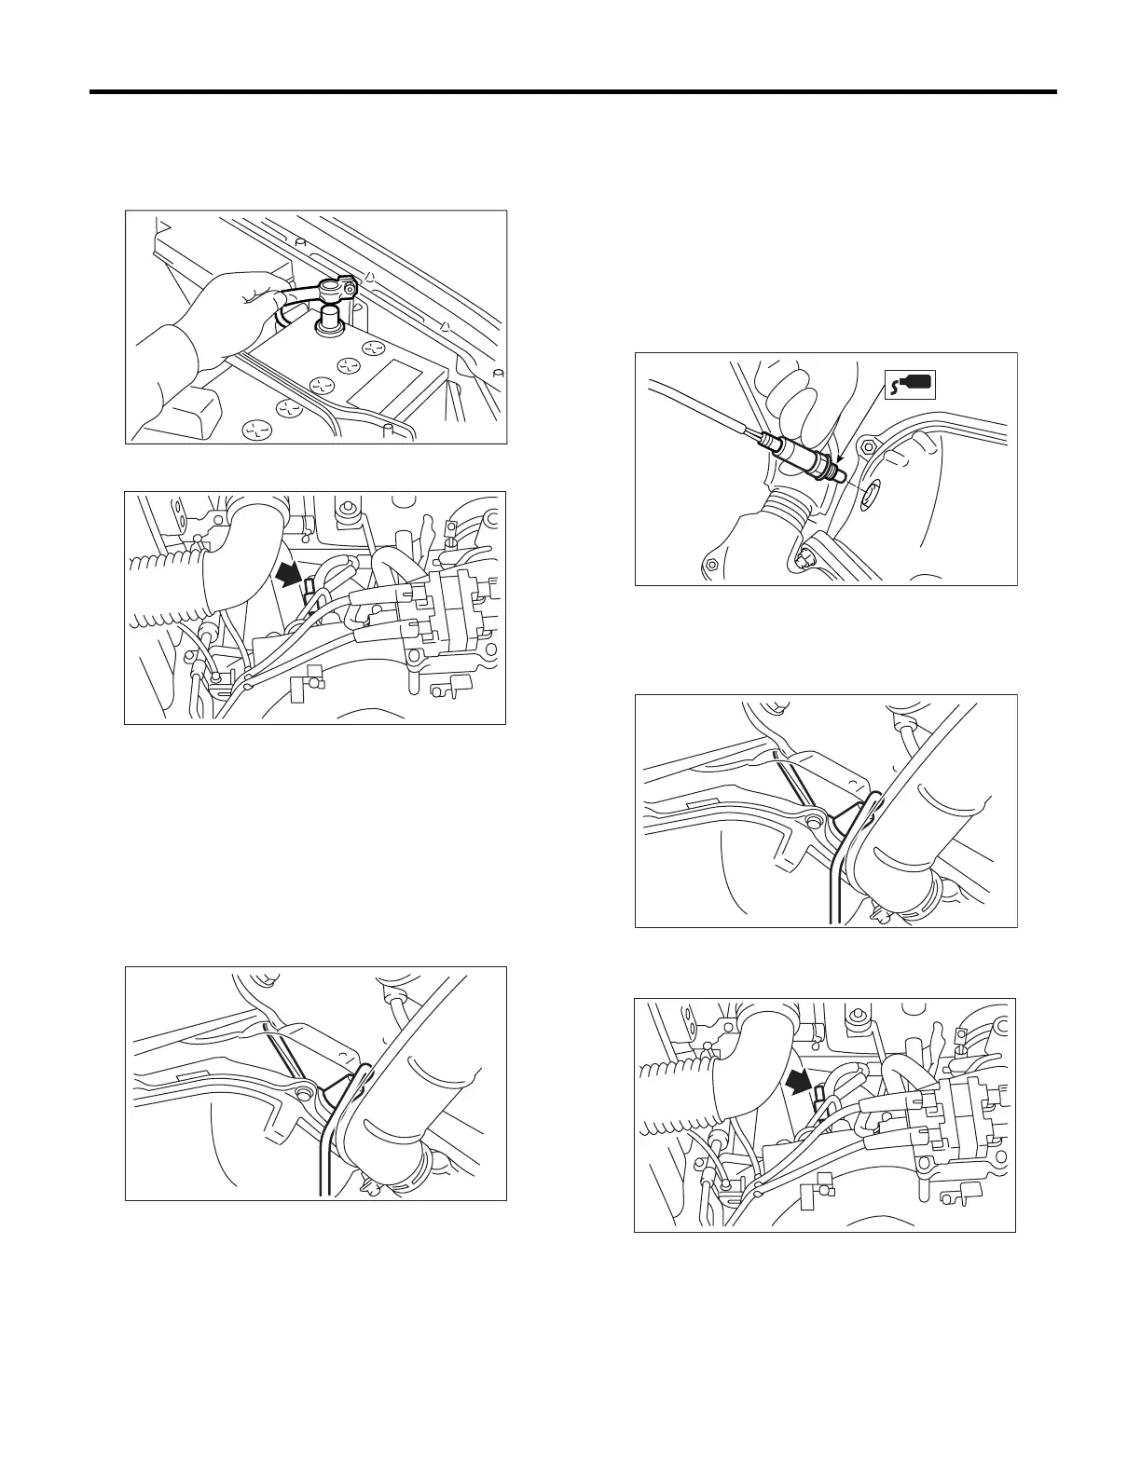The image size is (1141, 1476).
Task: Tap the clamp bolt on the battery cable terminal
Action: [x=349, y=289]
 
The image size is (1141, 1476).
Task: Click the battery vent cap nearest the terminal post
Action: [x=375, y=349]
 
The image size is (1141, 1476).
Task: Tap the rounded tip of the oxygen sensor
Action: [x=841, y=477]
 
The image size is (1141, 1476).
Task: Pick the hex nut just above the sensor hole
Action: [x=869, y=445]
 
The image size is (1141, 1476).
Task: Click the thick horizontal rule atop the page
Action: [x=572, y=92]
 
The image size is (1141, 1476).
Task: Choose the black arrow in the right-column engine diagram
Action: [x=799, y=1081]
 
